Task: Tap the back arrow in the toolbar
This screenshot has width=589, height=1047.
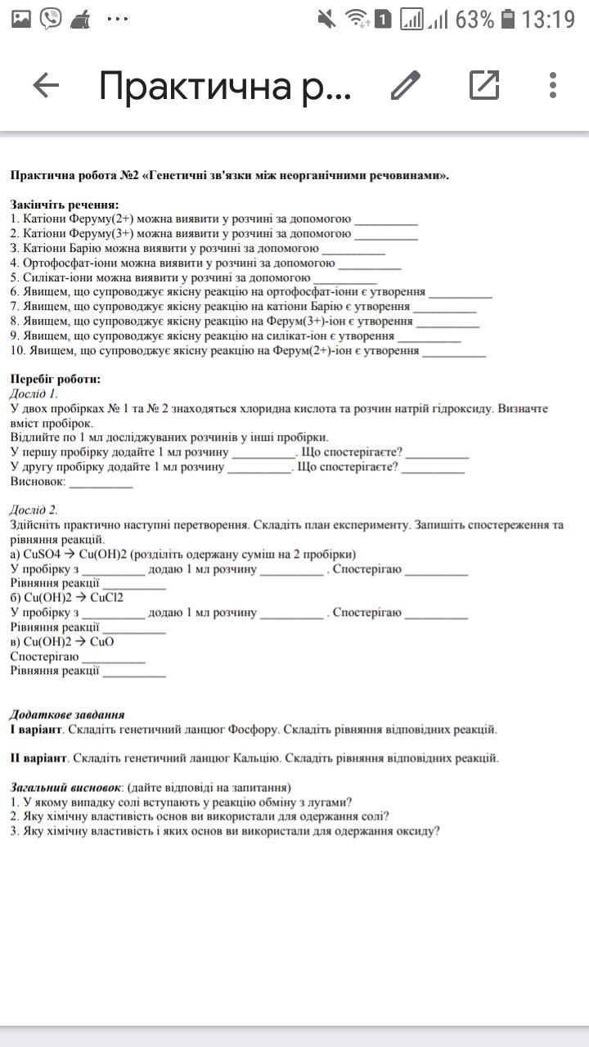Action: point(46,85)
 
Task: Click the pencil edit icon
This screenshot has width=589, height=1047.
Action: point(405,85)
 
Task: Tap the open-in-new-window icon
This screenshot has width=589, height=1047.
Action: point(484,85)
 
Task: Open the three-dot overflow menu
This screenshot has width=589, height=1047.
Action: point(553,85)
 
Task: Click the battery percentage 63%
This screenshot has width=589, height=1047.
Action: point(474,19)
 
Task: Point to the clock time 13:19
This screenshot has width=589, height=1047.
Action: point(548,19)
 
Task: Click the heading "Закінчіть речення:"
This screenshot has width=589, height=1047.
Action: point(65,204)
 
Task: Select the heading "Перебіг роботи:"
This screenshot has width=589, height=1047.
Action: point(56,379)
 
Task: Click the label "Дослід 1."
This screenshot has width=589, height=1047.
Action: point(34,393)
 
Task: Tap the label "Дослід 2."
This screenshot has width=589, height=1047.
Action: point(34,510)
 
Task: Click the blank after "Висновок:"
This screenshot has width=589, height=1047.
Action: point(101,482)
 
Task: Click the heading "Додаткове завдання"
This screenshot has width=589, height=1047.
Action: point(67,714)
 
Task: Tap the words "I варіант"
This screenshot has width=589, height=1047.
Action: point(36,729)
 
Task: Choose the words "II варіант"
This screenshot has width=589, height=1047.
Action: point(38,757)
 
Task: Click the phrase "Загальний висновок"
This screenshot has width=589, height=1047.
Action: point(65,787)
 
